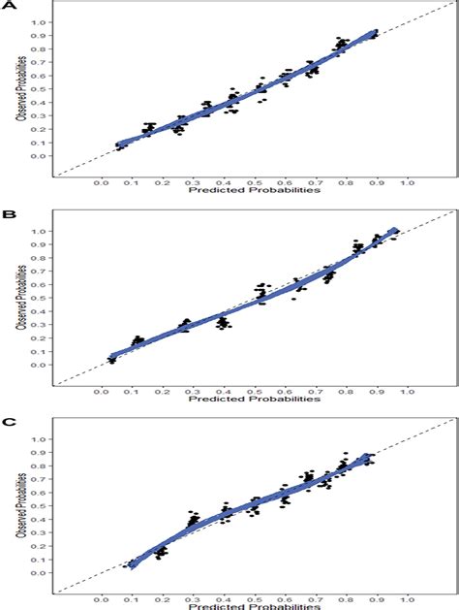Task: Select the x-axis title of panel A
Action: click(254, 190)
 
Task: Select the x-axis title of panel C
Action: click(254, 605)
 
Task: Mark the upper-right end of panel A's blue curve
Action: click(376, 32)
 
